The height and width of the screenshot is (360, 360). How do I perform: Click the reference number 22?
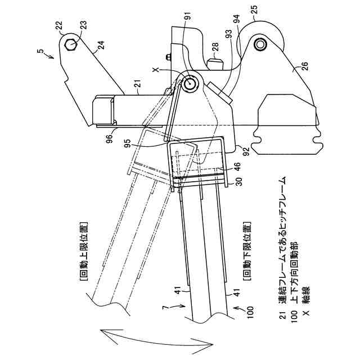(x=60, y=25)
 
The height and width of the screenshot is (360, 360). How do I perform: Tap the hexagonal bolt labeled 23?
(x=71, y=44)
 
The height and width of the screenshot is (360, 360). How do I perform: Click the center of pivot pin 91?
(x=190, y=84)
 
